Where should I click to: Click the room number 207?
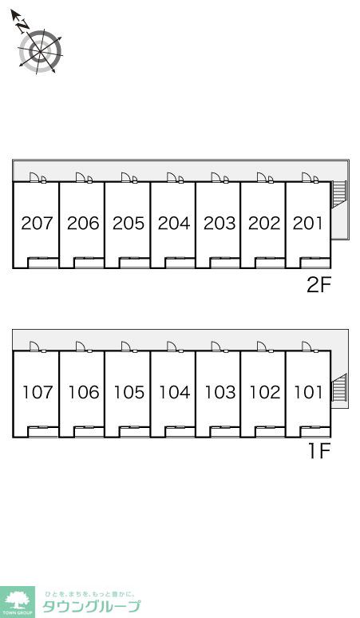(37, 223)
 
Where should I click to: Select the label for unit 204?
(174, 223)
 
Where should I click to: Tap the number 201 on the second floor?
(307, 223)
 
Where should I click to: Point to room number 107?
(38, 392)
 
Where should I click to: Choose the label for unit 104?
(175, 392)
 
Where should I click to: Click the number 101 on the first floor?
(308, 392)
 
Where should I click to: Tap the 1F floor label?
(318, 451)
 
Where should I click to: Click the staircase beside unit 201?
(339, 194)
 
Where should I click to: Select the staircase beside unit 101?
(339, 387)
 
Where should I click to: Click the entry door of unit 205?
(126, 177)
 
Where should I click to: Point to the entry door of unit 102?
(262, 347)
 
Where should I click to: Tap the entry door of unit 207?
(34, 177)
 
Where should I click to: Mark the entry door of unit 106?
(81, 347)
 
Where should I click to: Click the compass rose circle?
(40, 51)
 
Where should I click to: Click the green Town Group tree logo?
(17, 601)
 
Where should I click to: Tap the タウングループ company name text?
(91, 607)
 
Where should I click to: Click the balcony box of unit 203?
(225, 263)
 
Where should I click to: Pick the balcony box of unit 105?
(134, 432)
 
